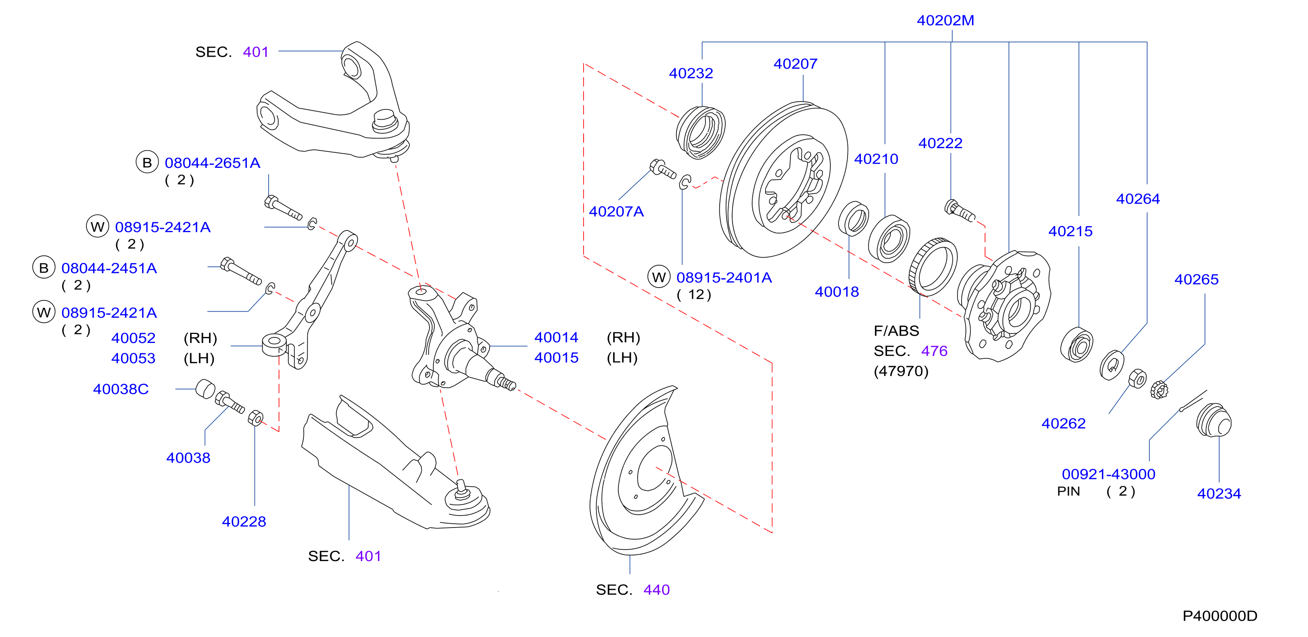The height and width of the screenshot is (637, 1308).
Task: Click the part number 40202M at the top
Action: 945,20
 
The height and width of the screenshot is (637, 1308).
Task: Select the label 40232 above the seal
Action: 690,73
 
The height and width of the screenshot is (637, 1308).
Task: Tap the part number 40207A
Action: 616,211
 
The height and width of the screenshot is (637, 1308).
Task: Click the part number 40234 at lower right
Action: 1219,493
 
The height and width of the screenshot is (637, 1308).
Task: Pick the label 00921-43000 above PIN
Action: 1108,474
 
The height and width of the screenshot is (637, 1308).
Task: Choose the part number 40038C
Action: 121,389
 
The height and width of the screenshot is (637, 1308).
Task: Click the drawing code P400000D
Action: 1220,616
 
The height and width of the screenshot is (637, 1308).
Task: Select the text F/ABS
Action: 896,331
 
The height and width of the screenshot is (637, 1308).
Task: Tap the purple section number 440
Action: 657,590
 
